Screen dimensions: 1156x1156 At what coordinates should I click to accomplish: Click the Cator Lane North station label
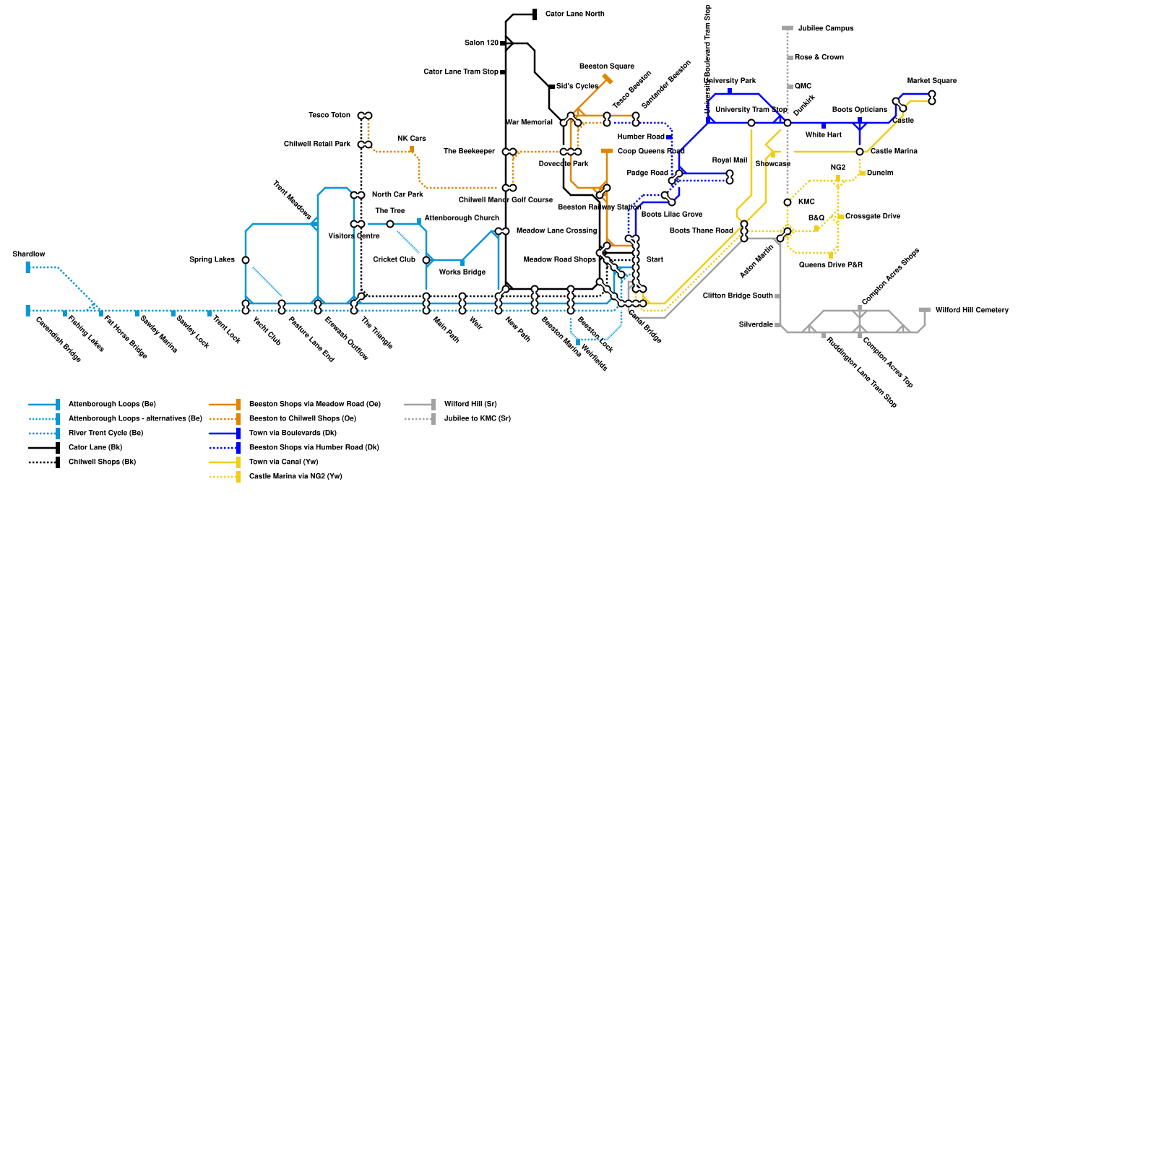574,14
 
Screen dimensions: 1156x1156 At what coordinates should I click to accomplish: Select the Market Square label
931,81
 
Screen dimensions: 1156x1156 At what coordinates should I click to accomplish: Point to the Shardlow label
29,254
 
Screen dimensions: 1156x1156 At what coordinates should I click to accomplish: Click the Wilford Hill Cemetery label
972,311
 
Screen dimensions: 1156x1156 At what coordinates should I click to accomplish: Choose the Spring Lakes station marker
246,260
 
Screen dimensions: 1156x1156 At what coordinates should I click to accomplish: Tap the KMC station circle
788,202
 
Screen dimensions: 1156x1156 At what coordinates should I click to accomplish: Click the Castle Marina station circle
860,152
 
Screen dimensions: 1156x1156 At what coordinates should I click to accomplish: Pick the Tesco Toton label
329,116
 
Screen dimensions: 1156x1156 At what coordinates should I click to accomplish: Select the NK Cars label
412,139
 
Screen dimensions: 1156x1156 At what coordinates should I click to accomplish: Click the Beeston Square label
606,66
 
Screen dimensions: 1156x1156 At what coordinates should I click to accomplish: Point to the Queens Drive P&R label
830,265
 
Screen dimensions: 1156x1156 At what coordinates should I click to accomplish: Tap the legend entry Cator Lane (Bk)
95,448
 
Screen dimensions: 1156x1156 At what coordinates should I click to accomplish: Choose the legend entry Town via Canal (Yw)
283,462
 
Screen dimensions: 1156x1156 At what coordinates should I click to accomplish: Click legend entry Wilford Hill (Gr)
470,405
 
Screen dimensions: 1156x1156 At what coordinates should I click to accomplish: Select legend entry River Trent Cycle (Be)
105,433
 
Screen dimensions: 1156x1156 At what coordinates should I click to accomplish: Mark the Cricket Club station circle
426,260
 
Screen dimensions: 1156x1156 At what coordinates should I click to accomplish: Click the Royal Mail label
729,160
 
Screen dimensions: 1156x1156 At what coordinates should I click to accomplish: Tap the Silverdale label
756,325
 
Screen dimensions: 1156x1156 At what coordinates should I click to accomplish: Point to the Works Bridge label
462,272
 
